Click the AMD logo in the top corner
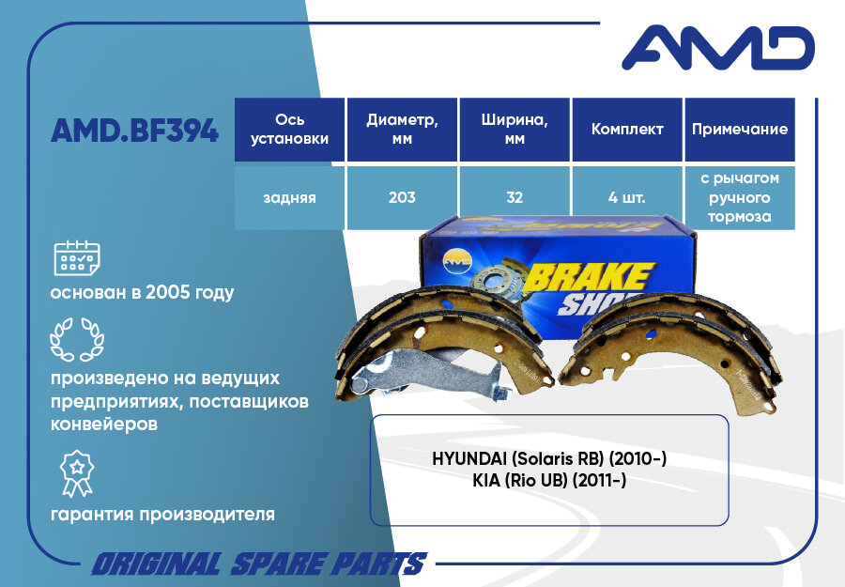(717, 48)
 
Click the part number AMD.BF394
(135, 131)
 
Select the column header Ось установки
(289, 130)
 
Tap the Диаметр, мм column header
(402, 130)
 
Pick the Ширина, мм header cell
(515, 130)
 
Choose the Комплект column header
(627, 130)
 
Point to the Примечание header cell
(740, 130)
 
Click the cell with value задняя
(289, 198)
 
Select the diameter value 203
(402, 198)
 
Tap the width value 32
(515, 198)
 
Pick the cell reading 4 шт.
(627, 198)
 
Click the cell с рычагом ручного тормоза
(740, 198)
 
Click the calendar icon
(77, 256)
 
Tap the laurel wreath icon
(77, 339)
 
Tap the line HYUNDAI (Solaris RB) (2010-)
(549, 459)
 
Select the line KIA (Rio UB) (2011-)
(549, 480)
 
